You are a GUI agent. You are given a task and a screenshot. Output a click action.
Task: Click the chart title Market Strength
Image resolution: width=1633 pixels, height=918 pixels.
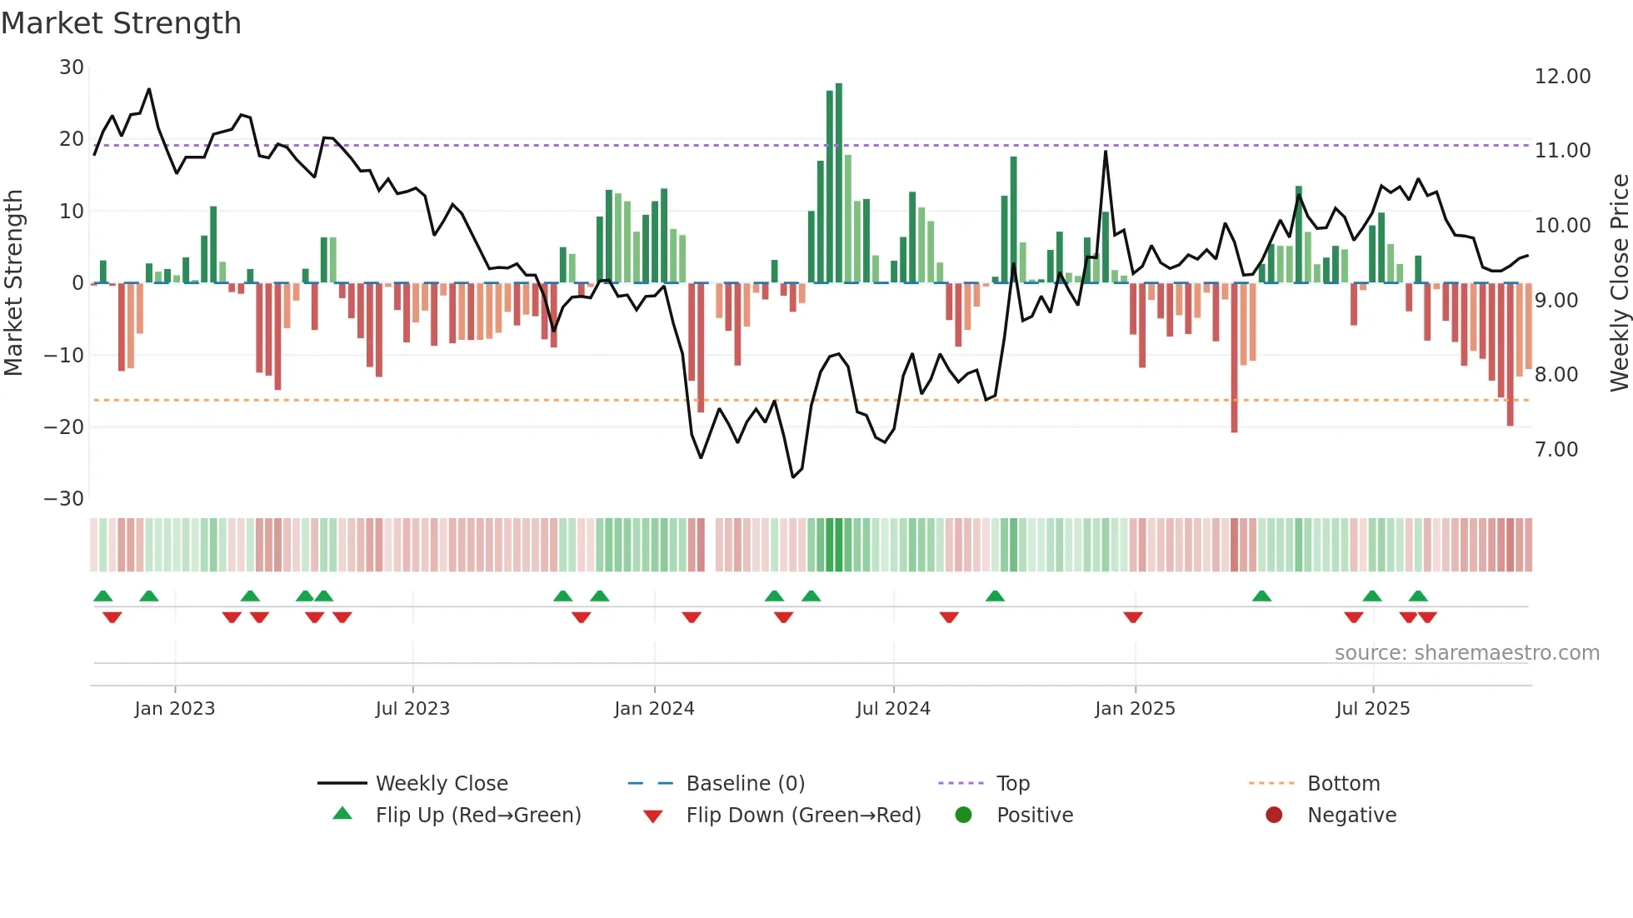pyautogui.click(x=121, y=23)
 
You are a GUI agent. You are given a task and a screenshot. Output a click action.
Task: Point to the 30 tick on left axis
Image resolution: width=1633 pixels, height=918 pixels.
pyautogui.click(x=72, y=67)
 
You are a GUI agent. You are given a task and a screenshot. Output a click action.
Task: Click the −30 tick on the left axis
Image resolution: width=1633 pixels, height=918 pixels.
pyautogui.click(x=64, y=499)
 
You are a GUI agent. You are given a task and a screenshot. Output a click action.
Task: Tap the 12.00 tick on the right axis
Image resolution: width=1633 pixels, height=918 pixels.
pyautogui.click(x=1562, y=77)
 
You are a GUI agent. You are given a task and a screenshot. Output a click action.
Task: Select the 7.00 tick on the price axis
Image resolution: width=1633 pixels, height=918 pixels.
pyautogui.click(x=1556, y=450)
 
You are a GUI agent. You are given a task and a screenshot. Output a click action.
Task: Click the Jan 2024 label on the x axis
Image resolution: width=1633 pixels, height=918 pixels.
pyautogui.click(x=654, y=709)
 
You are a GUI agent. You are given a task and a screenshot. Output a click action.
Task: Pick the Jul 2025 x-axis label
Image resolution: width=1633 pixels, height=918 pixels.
pyautogui.click(x=1372, y=709)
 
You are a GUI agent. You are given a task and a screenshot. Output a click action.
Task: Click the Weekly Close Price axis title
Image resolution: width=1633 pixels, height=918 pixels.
pyautogui.click(x=1619, y=283)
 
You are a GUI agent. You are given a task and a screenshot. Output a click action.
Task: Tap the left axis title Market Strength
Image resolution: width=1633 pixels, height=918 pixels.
pyautogui.click(x=13, y=283)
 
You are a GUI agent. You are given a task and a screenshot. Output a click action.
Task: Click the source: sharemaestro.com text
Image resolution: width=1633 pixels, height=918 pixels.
pyautogui.click(x=1466, y=653)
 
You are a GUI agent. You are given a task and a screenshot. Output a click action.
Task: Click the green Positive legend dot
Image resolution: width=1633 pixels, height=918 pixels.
pyautogui.click(x=963, y=816)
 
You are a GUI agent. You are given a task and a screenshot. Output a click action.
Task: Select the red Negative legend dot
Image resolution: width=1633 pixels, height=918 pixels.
pyautogui.click(x=1274, y=816)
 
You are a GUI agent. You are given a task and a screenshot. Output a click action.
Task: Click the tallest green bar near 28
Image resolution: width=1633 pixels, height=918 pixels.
pyautogui.click(x=839, y=183)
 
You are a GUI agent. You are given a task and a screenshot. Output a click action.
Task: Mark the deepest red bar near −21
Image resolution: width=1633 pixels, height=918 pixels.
pyautogui.click(x=1234, y=358)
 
